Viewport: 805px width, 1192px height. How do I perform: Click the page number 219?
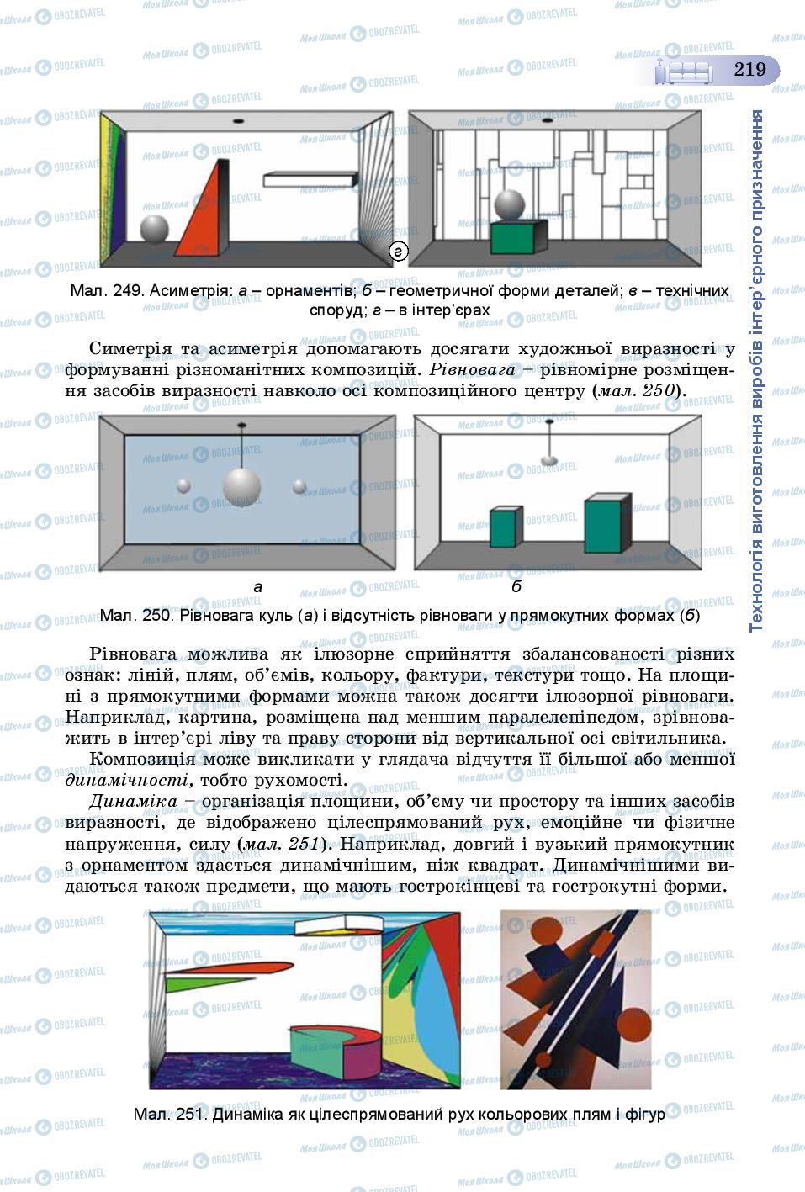pyautogui.click(x=749, y=69)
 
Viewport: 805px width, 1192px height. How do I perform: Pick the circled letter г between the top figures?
pyautogui.click(x=399, y=251)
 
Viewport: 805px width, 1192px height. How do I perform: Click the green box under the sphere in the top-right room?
pyautogui.click(x=517, y=237)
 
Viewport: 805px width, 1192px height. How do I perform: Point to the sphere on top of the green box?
pyautogui.click(x=511, y=204)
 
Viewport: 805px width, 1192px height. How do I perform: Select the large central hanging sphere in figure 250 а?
pyautogui.click(x=242, y=487)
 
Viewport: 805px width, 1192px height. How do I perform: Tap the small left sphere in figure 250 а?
pyautogui.click(x=183, y=485)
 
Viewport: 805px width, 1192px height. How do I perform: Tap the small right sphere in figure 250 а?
pyautogui.click(x=299, y=486)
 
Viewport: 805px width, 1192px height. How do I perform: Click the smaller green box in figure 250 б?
pyautogui.click(x=506, y=528)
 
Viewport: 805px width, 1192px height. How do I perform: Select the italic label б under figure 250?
pyautogui.click(x=516, y=587)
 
